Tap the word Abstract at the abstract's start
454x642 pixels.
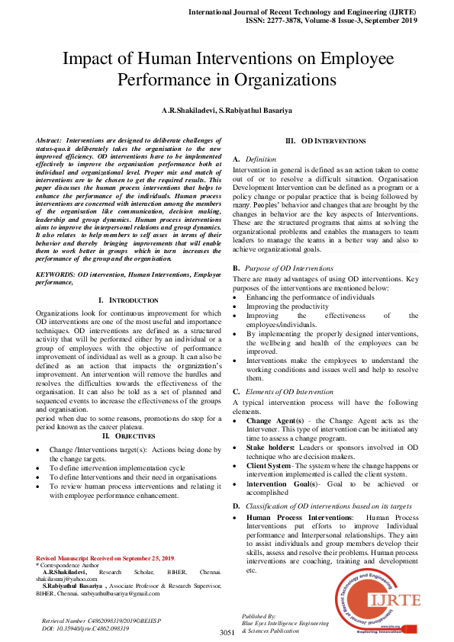[x=50, y=141]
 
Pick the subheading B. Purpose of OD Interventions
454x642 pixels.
[x=283, y=268]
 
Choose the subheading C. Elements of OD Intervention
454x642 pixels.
[x=283, y=391]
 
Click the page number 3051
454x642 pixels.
[x=227, y=632]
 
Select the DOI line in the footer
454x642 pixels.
[x=85, y=629]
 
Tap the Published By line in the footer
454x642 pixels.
[x=259, y=615]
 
